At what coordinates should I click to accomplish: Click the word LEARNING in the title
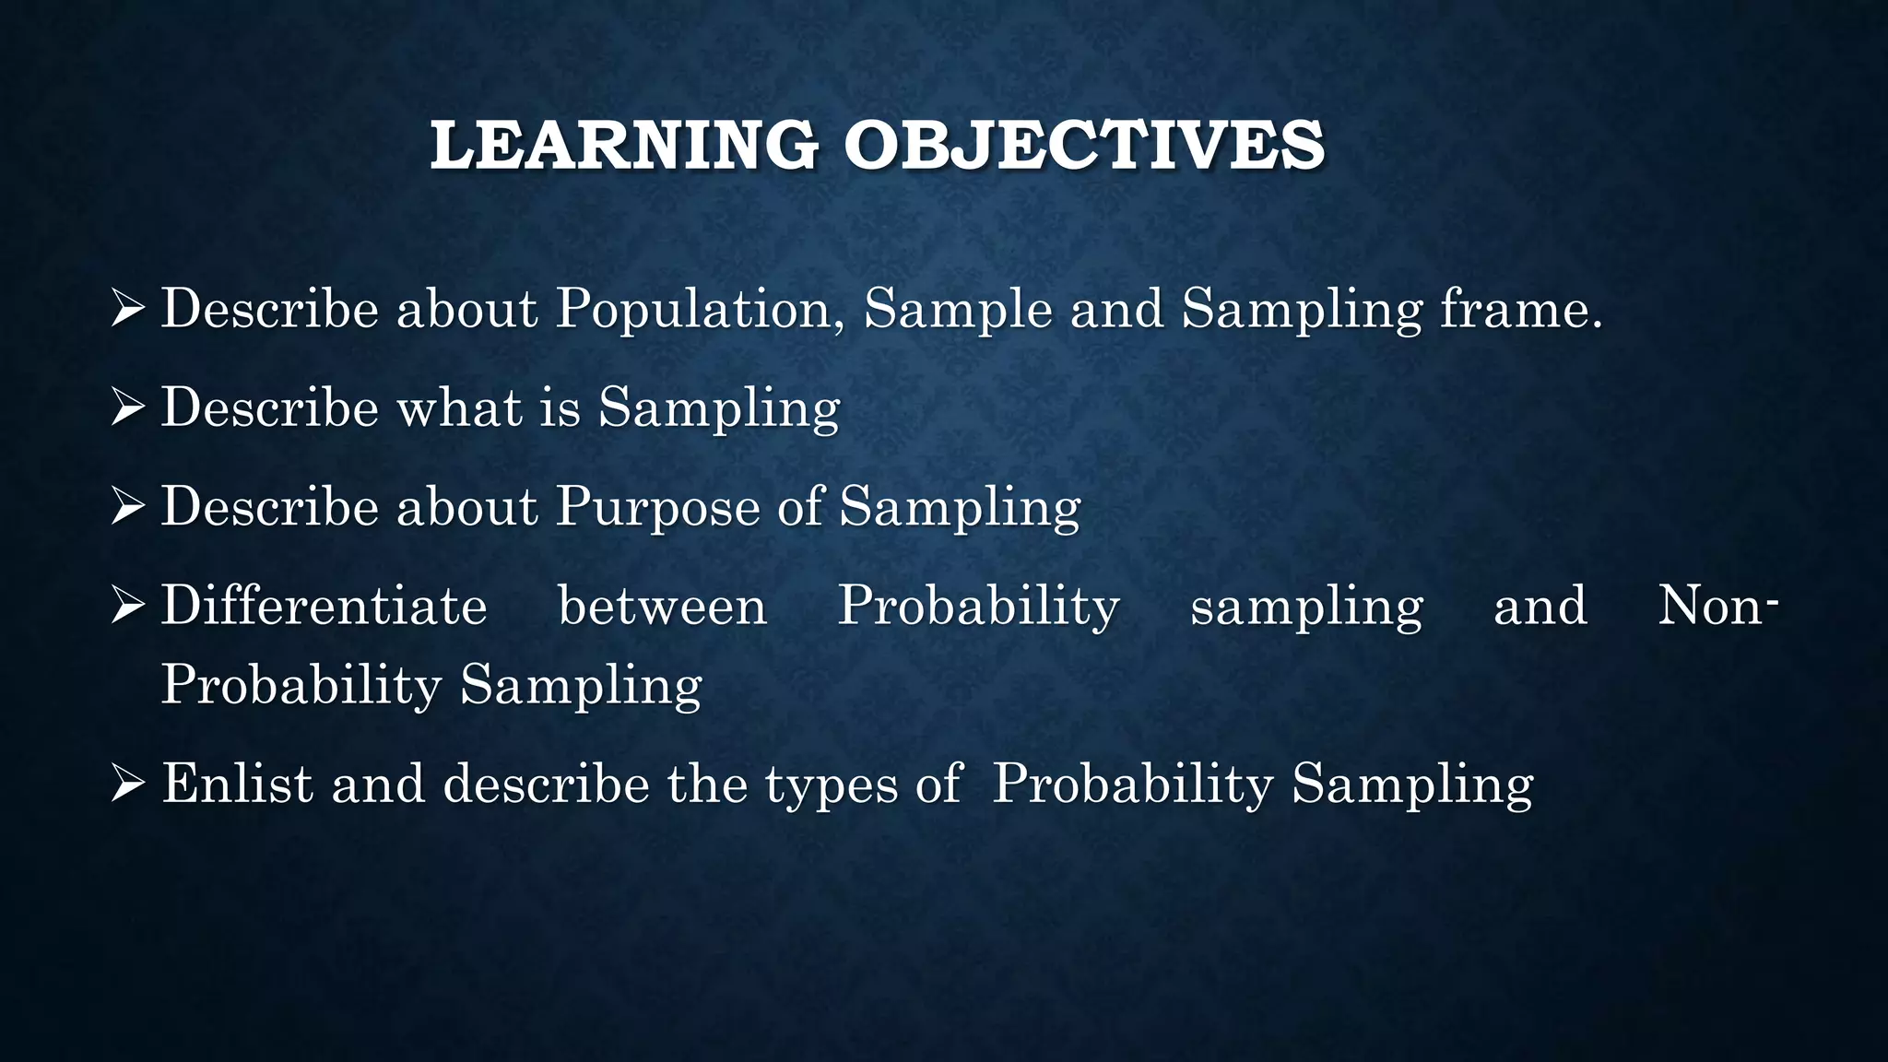[624, 146]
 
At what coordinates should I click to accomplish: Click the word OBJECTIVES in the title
[1084, 146]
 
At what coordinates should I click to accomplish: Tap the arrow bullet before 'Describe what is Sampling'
[127, 407]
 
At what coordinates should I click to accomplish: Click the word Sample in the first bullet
[958, 309]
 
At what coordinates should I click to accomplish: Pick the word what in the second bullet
[459, 407]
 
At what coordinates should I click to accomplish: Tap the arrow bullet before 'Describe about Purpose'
[127, 506]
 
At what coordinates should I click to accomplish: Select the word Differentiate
[324, 607]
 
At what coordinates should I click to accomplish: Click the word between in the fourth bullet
[662, 607]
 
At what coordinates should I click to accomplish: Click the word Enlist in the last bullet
[238, 784]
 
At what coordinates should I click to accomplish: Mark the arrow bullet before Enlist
[127, 784]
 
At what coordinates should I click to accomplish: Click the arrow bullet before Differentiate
[127, 606]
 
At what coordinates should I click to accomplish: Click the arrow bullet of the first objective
[127, 308]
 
